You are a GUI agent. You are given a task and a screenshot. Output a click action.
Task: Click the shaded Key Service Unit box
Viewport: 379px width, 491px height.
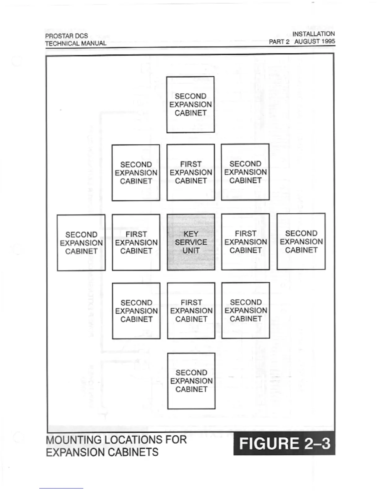point(191,242)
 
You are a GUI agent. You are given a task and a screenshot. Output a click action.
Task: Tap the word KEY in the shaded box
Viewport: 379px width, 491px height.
point(191,234)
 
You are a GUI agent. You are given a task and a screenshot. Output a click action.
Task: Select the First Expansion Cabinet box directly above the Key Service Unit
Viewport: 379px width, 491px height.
point(191,172)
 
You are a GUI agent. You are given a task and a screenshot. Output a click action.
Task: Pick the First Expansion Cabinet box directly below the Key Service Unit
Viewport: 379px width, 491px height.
point(191,311)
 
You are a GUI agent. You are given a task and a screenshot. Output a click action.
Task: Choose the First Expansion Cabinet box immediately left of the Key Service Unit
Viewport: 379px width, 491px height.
point(136,242)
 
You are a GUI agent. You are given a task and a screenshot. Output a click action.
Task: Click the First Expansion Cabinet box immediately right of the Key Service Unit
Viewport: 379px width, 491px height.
point(246,242)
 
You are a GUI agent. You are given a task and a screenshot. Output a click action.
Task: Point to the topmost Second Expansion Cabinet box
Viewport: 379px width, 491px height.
point(190,104)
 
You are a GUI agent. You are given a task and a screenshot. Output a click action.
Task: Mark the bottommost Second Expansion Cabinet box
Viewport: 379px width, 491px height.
point(191,381)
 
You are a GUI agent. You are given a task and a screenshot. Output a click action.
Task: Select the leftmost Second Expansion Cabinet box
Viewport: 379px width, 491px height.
point(81,243)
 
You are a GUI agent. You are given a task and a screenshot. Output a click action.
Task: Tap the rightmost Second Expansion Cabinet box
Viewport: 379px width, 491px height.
point(301,241)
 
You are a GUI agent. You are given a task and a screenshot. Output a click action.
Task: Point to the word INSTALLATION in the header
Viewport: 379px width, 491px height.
point(313,34)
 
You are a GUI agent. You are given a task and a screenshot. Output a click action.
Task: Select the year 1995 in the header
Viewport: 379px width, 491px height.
point(328,41)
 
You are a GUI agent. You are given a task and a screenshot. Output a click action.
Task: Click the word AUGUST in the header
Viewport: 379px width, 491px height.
point(307,41)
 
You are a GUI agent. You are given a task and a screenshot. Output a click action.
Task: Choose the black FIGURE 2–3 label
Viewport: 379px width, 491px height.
point(284,444)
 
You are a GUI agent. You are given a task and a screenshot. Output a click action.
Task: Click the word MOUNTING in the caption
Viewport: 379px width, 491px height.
point(73,440)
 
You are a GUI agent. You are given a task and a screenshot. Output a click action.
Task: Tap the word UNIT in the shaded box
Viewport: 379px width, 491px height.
point(191,250)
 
